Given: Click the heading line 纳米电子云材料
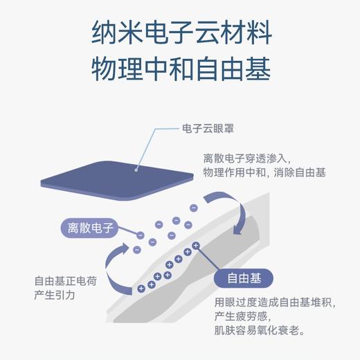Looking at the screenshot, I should click(x=180, y=32).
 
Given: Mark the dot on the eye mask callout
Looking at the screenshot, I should click(x=136, y=166).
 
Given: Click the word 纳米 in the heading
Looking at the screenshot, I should click(x=111, y=32).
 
